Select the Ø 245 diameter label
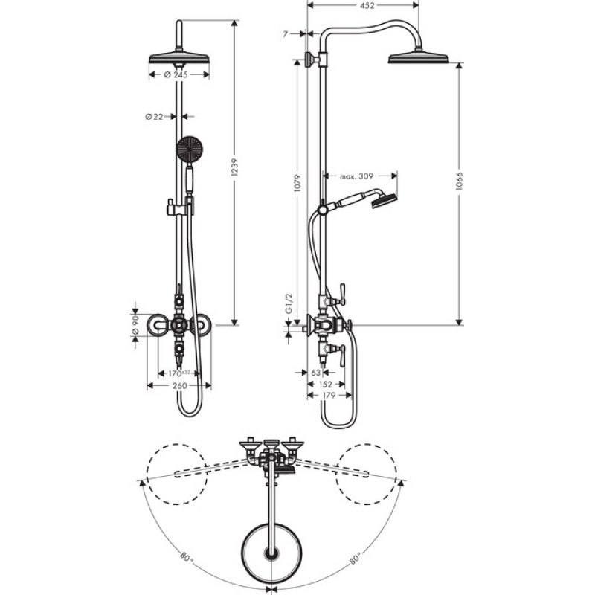click(177, 74)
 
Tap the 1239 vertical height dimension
click(236, 171)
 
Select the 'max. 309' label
click(356, 176)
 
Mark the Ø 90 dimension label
click(135, 325)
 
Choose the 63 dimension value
click(315, 372)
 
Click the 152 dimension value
click(325, 385)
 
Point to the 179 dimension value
click(328, 396)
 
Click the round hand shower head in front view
click(190, 149)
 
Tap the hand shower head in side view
click(385, 199)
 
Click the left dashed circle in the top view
click(177, 472)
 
